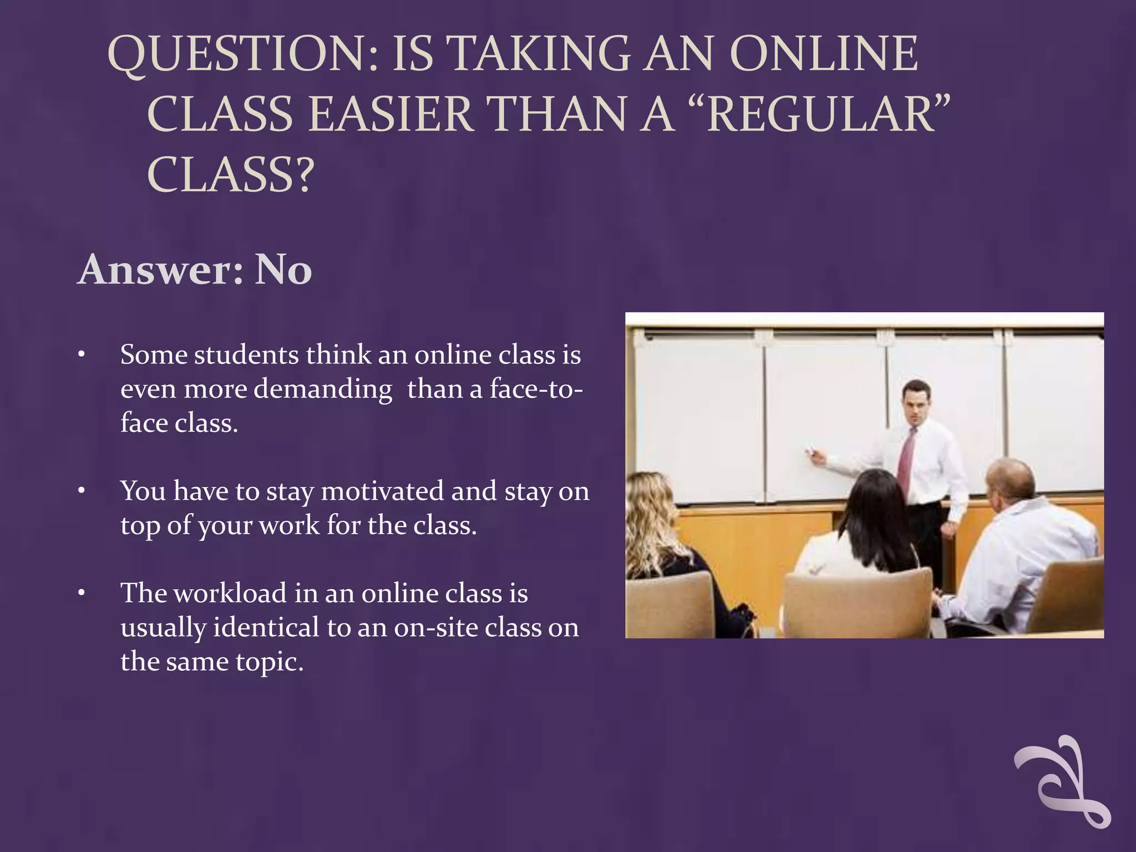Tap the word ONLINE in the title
824,54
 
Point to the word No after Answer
283,270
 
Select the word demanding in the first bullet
323,389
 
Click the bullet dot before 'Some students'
82,355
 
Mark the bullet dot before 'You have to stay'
82,491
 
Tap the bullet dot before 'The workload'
82,594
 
